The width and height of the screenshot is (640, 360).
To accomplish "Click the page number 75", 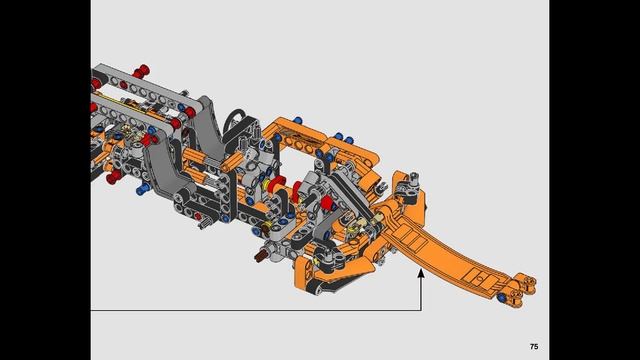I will pos(534,345).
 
